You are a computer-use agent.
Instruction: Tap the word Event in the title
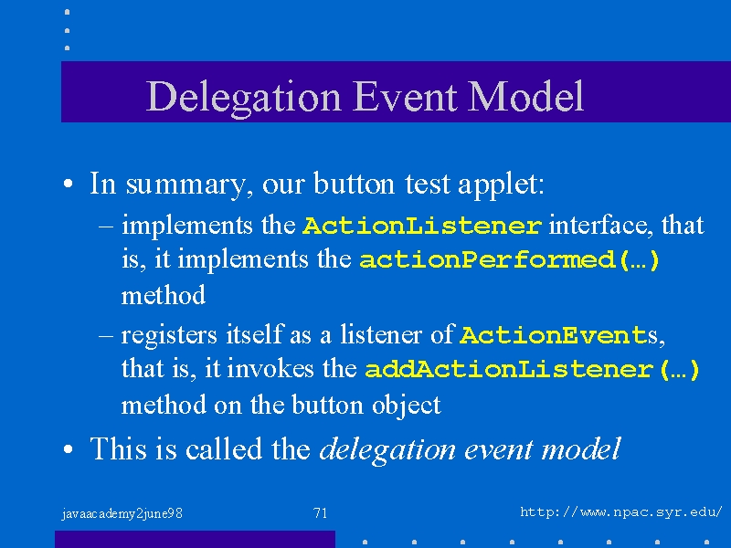pyautogui.click(x=404, y=96)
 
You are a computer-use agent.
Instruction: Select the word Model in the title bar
pyautogui.click(x=525, y=96)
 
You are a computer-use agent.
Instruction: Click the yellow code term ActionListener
pyautogui.click(x=422, y=226)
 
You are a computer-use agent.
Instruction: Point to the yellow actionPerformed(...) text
pyautogui.click(x=509, y=259)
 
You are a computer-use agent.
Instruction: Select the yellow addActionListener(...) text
pyautogui.click(x=532, y=370)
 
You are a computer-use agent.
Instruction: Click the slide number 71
pyautogui.click(x=321, y=513)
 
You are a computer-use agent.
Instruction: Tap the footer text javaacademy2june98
pyautogui.click(x=122, y=513)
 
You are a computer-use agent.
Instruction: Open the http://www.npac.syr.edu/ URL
pyautogui.click(x=621, y=512)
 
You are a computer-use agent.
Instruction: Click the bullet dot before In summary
pyautogui.click(x=68, y=184)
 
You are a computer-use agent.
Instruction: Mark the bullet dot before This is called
pyautogui.click(x=68, y=449)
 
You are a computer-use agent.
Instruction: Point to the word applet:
pyautogui.click(x=501, y=184)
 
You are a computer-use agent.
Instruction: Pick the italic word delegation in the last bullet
pyautogui.click(x=387, y=449)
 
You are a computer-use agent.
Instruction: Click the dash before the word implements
pyautogui.click(x=106, y=227)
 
